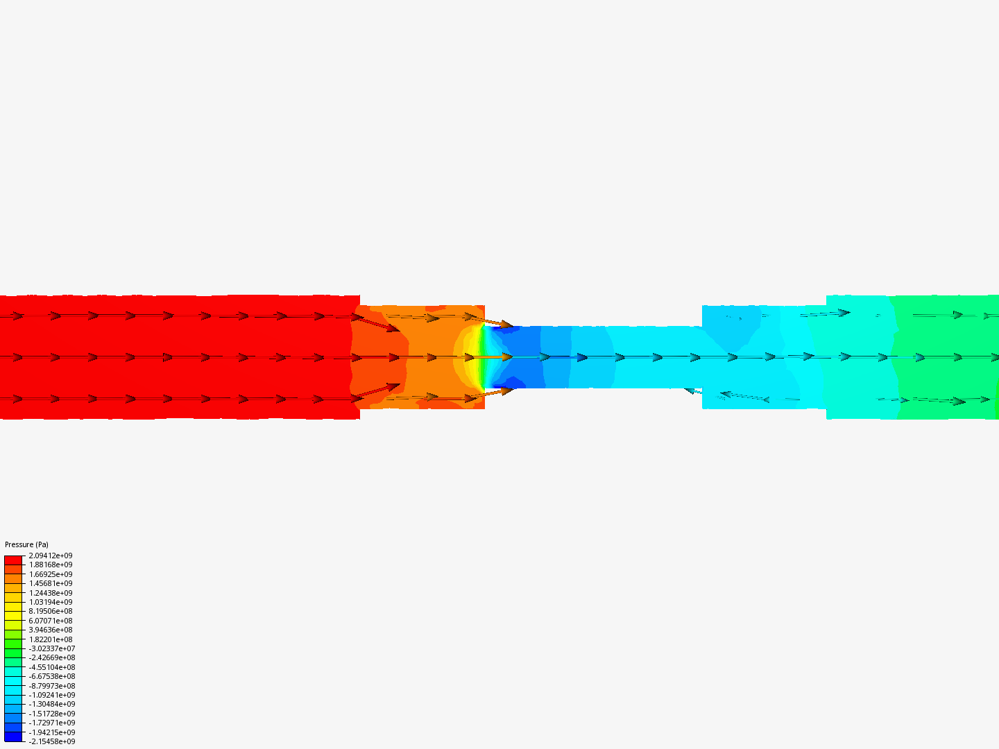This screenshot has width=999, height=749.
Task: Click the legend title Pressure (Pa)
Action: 26,544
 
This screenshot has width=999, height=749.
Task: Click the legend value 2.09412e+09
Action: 51,556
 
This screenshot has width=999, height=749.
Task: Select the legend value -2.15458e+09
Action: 52,742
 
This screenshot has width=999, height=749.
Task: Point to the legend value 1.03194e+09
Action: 51,602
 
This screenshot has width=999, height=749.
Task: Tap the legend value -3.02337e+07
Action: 52,648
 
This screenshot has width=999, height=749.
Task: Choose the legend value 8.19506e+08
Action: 51,611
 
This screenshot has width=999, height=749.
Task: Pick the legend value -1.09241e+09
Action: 52,695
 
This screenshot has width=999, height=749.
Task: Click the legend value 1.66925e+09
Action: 51,574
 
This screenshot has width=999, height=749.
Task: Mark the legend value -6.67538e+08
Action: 52,676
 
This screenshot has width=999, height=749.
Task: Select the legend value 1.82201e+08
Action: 51,639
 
